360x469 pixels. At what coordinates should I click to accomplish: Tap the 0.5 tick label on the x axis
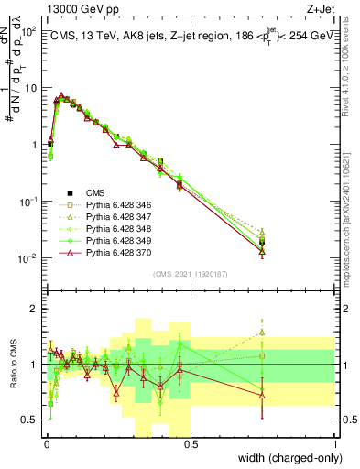click(x=191, y=443)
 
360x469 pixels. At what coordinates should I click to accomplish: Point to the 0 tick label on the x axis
click(x=46, y=443)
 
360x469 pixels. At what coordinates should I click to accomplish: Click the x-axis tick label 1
click(x=335, y=443)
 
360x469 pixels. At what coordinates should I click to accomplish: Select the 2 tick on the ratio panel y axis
click(x=35, y=309)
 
